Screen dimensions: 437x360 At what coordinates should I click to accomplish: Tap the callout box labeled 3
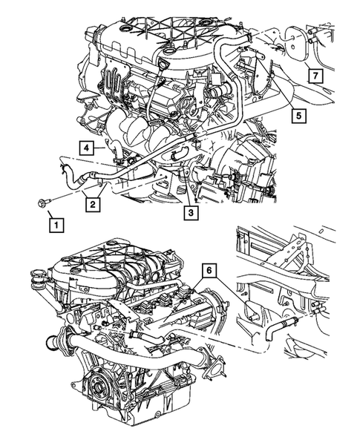tap(191, 214)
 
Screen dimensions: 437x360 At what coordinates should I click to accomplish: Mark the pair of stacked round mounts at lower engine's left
tap(35, 286)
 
